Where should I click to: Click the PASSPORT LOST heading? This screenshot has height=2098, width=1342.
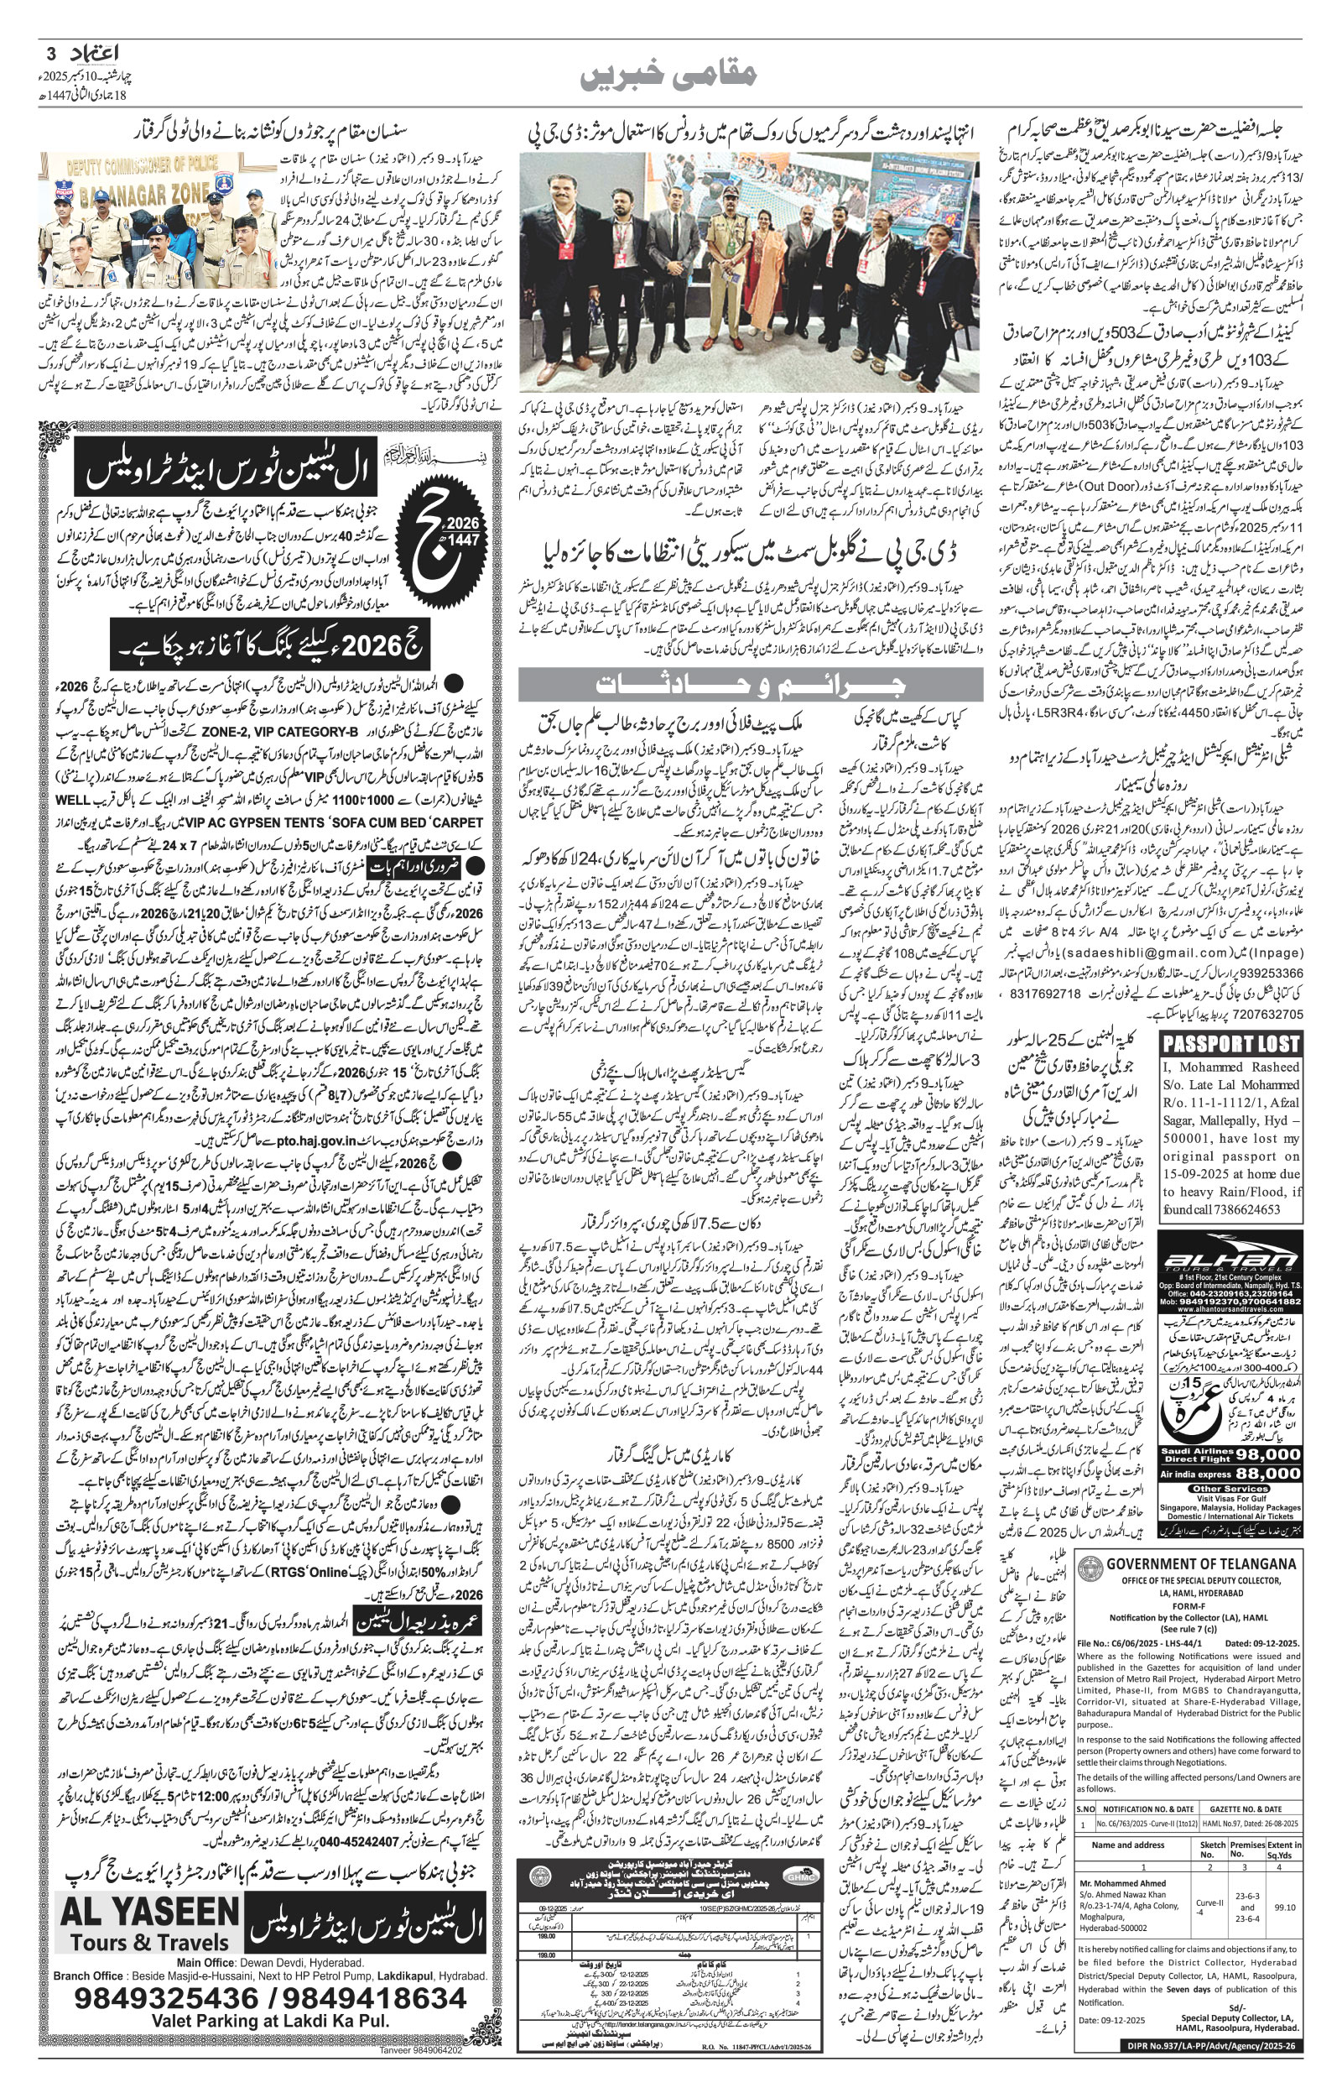[x=1232, y=1043]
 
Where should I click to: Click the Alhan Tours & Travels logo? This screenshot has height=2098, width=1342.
[x=1231, y=1261]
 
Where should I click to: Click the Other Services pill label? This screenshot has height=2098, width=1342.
[x=1230, y=1489]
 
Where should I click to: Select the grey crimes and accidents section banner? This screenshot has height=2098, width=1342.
[x=751, y=684]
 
